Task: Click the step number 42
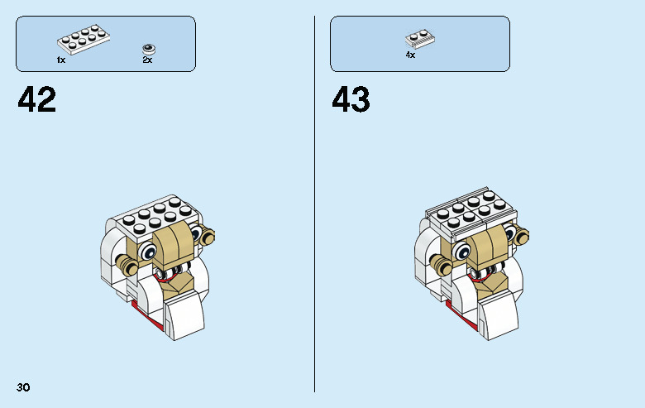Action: [37, 100]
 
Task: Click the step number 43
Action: [351, 100]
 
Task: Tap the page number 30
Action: [22, 387]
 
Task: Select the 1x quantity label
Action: [61, 60]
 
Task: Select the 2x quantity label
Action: [147, 60]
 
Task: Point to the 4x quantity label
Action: [410, 55]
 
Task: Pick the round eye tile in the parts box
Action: [148, 47]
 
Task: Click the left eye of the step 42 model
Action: [148, 251]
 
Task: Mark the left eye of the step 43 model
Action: [461, 251]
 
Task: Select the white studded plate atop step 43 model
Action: [471, 214]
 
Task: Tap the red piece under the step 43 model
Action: [453, 307]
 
